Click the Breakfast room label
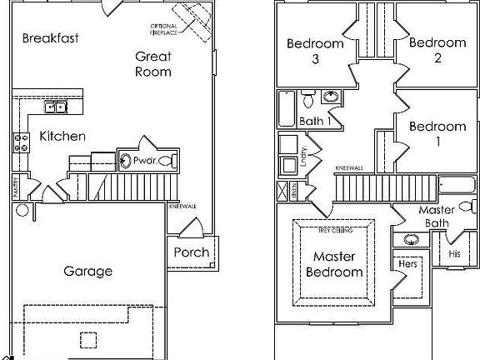(x=51, y=37)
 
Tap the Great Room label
(x=154, y=64)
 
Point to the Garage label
(x=87, y=271)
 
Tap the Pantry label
(x=15, y=187)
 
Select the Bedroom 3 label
(x=315, y=51)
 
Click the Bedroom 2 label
(x=437, y=51)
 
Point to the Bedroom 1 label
(x=437, y=134)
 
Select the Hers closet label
(x=407, y=263)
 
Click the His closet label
(x=454, y=252)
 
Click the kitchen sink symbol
(x=57, y=107)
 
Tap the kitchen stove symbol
(x=21, y=142)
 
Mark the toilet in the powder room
(x=166, y=159)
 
